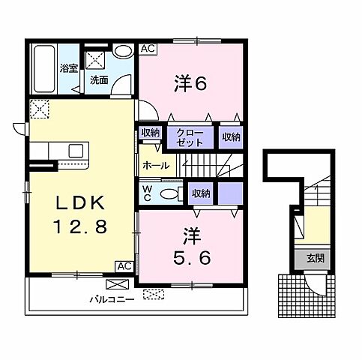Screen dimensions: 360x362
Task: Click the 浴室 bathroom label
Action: click(69, 67)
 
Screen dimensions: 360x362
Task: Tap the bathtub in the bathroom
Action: click(43, 69)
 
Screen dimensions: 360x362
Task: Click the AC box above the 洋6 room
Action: click(147, 49)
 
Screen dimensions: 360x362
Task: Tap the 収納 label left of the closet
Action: click(150, 133)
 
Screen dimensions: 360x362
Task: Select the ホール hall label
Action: click(155, 165)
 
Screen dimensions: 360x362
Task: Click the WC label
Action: click(147, 193)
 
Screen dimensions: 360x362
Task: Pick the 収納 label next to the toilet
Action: click(200, 193)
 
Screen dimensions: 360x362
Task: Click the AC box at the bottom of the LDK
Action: click(124, 266)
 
